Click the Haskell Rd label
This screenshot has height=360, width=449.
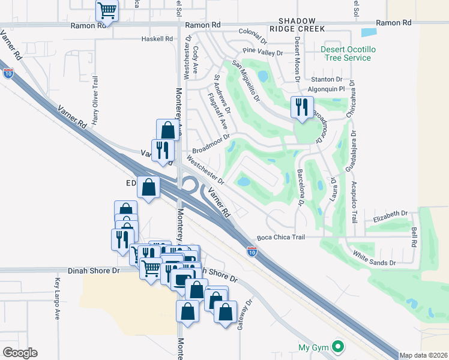157,38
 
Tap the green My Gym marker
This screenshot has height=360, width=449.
338,347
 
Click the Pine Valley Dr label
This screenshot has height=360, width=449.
262,52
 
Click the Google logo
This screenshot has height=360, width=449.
20,353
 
